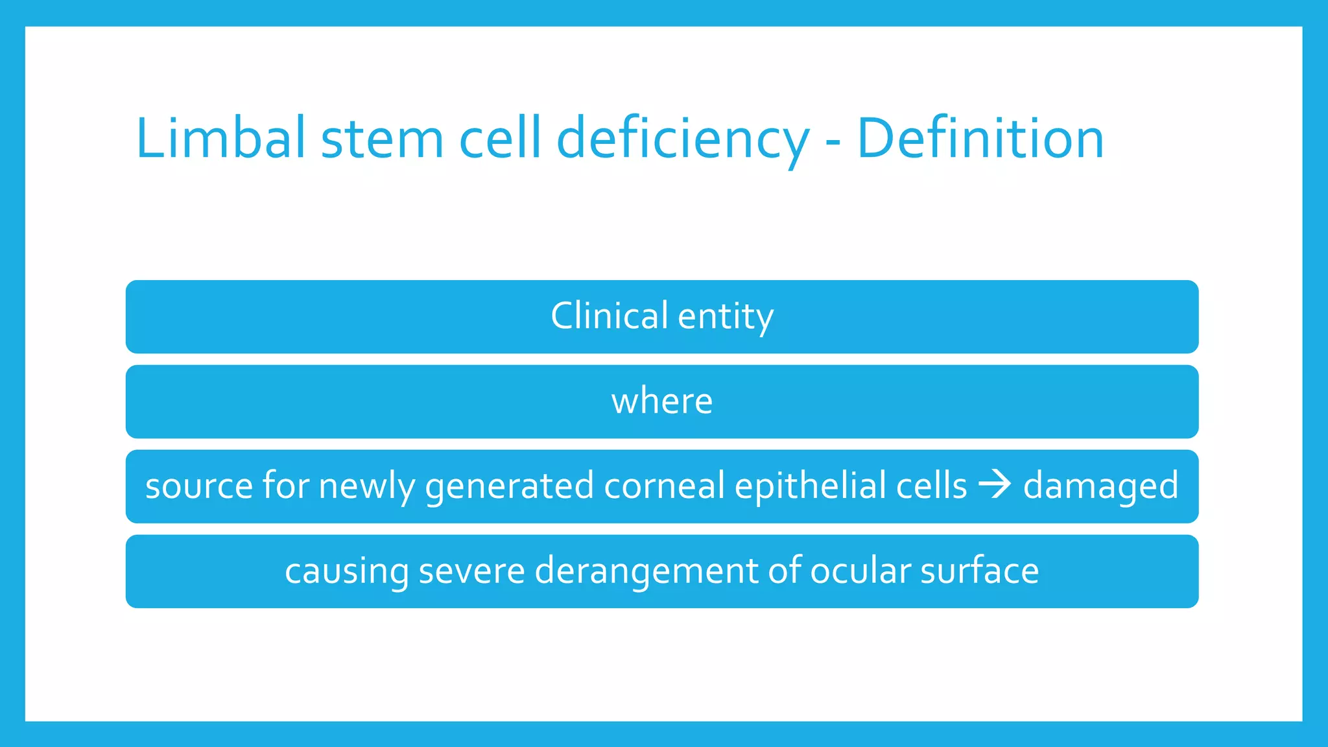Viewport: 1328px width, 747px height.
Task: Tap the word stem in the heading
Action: point(383,138)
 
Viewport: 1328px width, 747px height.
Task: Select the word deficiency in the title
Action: point(683,138)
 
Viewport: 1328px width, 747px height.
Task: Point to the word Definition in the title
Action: point(980,138)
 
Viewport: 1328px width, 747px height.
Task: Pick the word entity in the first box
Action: point(726,318)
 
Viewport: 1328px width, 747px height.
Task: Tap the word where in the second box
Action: point(662,401)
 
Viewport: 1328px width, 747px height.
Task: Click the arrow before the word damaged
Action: point(995,485)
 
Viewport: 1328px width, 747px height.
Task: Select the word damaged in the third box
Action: point(1100,486)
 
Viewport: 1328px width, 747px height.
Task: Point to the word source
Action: point(198,486)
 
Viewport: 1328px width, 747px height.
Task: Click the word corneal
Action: point(664,485)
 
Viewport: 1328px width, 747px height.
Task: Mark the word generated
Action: point(509,486)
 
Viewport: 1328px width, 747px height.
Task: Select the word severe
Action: point(471,571)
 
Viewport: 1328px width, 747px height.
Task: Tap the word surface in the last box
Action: point(979,571)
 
